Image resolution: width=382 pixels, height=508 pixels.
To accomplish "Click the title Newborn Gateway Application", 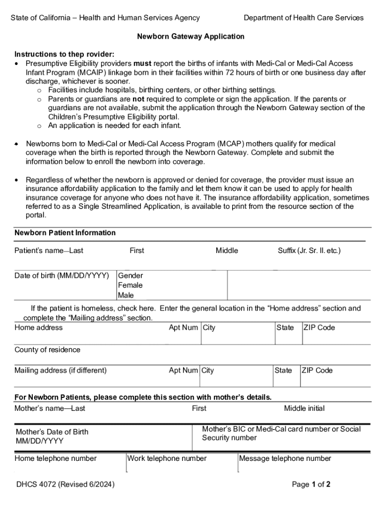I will coord(191,37).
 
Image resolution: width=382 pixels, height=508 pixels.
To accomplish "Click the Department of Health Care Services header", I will coord(303,18).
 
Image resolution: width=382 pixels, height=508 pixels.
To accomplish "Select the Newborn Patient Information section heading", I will coord(65,233).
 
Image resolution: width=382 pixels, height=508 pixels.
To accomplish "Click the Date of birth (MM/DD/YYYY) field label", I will coord(62,275).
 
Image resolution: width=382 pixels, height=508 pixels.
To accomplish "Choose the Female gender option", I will coord(130,285).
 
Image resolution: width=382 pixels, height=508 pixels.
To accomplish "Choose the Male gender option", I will coord(126,295).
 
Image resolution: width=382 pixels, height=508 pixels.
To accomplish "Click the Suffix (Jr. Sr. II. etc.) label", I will coord(309,251).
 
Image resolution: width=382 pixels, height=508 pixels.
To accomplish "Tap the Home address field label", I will coord(39,327).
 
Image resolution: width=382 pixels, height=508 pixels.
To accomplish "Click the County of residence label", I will coord(47,350).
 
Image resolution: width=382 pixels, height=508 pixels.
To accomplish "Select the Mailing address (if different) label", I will coord(61,370).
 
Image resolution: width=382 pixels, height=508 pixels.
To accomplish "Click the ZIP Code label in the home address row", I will coord(319,327).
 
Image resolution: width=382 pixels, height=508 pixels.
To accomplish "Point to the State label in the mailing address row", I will coord(283,370).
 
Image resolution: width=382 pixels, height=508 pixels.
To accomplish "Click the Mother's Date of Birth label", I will coord(52,432).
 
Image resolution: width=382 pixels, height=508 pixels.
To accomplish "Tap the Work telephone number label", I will coord(167,458).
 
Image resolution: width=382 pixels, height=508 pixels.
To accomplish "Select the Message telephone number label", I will coord(285,458).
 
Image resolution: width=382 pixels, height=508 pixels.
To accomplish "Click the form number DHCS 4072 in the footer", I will coord(64,484).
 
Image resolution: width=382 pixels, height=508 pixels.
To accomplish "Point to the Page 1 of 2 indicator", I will coord(311,484).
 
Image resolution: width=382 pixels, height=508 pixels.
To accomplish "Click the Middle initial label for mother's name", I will coord(304,408).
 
